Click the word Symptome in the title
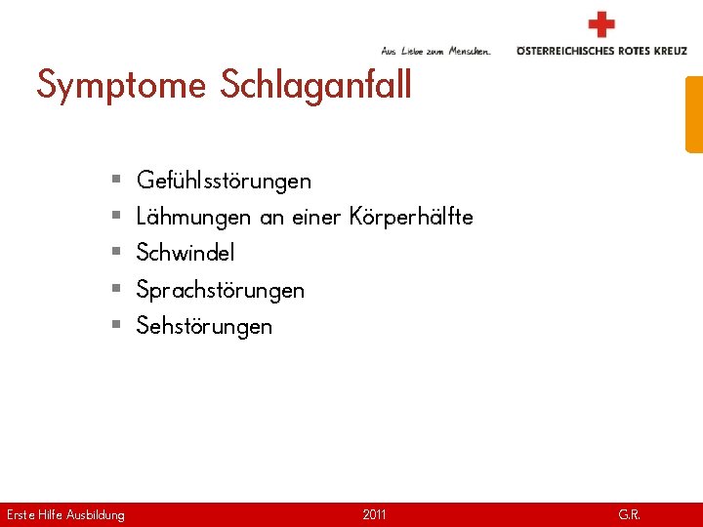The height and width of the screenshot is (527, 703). pos(121,85)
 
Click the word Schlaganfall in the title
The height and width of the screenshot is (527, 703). pos(315,85)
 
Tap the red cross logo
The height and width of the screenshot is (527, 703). pos(601,24)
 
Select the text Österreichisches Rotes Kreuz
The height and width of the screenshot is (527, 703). pos(601,51)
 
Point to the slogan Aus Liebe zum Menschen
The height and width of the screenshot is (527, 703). pos(435,51)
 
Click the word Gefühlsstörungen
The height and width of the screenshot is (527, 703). pos(224,181)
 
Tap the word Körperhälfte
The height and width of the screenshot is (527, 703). pos(410,217)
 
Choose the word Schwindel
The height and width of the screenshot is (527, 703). pos(186,253)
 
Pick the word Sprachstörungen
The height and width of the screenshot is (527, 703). pos(220,290)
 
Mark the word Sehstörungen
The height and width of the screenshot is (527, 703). pos(204,326)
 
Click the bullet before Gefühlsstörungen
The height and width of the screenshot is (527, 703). pos(115,181)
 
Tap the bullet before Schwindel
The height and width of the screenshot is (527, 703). pos(115,253)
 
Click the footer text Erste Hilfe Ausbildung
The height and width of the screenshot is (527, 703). pos(65,514)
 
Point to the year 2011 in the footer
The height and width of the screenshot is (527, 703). pos(374,514)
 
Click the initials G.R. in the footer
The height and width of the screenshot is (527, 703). pos(629,514)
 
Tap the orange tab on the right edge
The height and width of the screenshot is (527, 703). pos(693,114)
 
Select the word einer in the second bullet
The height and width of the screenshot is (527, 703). pos(316,217)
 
